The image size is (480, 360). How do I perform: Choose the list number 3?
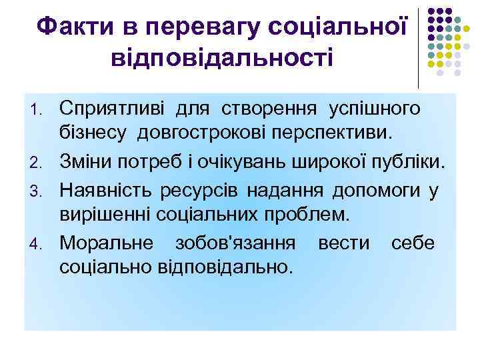coord(40,190)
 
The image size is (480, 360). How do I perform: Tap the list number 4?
coord(40,243)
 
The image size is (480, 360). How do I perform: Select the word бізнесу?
coord(95,134)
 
